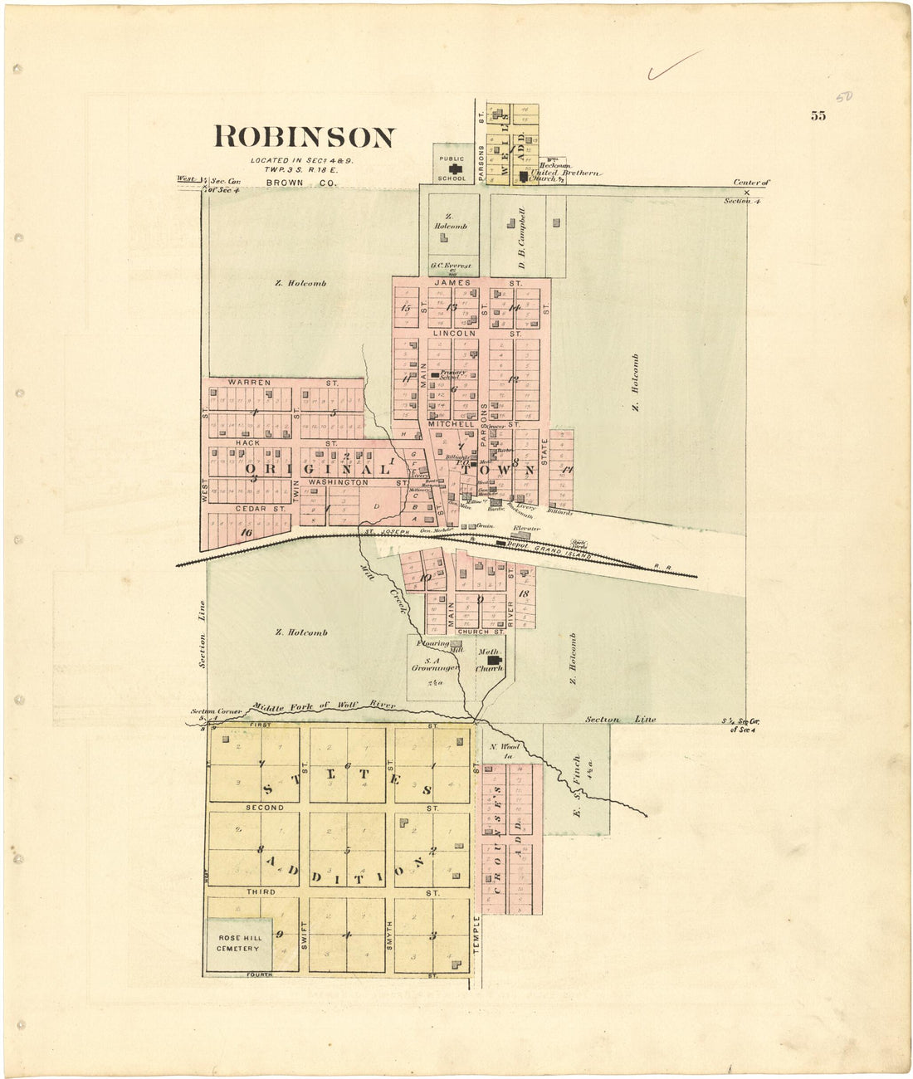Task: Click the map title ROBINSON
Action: pos(305,137)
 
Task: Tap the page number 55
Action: pos(818,116)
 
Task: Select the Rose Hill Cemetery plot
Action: pos(238,944)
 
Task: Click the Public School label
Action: pos(452,167)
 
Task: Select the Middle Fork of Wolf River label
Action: pos(325,706)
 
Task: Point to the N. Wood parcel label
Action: pos(504,750)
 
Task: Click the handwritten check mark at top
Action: pos(674,65)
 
